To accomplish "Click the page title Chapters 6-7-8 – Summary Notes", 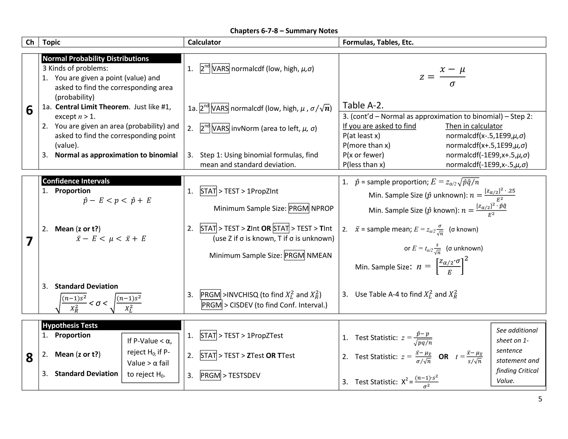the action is coord(284,31).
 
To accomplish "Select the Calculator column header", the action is coord(204,42).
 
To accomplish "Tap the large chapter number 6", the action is coord(29,110).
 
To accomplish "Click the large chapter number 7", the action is coord(29,241).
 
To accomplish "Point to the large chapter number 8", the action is coord(29,358).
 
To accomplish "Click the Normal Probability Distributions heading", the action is coord(96,59).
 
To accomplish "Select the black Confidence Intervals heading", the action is coord(76,181).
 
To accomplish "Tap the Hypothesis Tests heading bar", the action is coord(70,325).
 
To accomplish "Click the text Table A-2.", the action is coord(363,105).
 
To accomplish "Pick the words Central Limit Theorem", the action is coord(92,107).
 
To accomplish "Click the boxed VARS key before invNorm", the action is coord(220,128).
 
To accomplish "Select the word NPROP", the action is coord(322,208).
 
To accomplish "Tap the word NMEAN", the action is coord(319,255).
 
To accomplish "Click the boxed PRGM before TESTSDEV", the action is coord(210,375).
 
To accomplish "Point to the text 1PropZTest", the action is coord(265,335).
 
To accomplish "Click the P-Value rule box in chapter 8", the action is coord(150,358).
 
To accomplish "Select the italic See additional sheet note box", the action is coord(518,355).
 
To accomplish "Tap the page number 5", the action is coord(540,399).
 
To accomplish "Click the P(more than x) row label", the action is coord(366,145).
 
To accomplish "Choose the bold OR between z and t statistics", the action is coord(443,357).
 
